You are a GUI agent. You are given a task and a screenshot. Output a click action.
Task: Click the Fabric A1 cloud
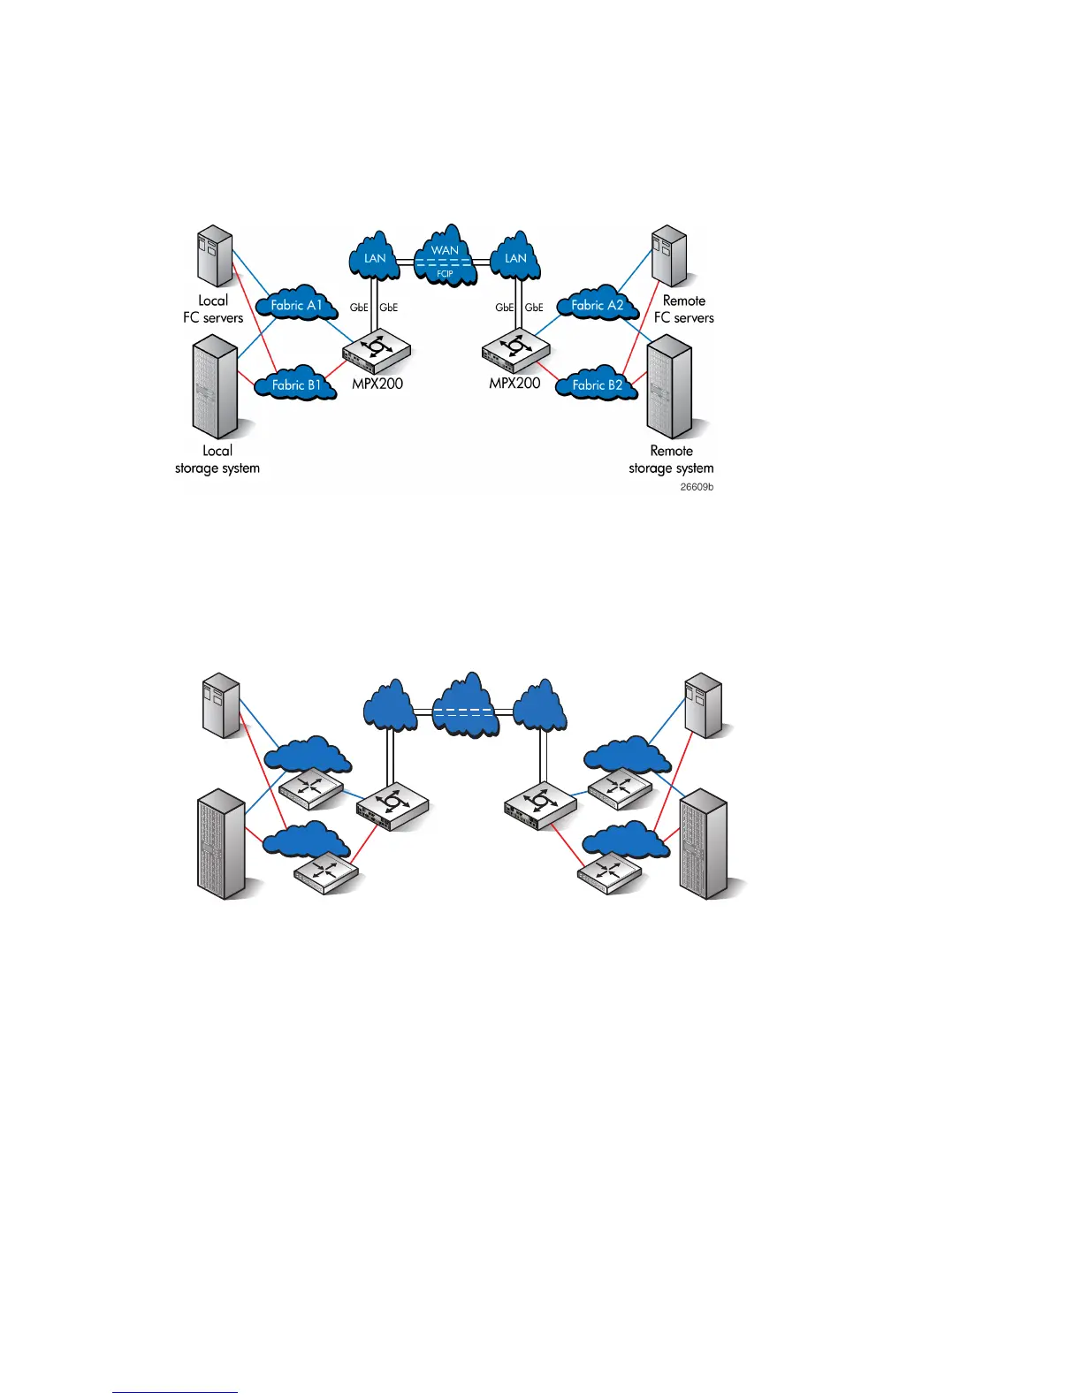[296, 305]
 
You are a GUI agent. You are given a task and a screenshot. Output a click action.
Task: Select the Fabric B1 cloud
[296, 384]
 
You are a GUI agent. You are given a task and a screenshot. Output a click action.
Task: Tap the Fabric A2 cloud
[597, 305]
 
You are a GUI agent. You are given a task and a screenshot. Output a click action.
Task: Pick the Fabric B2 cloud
[597, 384]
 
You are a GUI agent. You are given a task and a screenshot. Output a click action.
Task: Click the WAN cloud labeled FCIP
[446, 256]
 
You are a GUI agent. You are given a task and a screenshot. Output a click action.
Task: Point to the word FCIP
[445, 274]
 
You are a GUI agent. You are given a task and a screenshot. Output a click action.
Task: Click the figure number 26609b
[697, 487]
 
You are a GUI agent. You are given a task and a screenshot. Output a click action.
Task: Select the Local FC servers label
[213, 309]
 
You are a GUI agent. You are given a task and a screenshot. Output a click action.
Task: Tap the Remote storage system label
[671, 460]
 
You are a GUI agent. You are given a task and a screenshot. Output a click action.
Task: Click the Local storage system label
[217, 460]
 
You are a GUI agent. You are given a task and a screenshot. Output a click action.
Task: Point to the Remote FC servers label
[683, 309]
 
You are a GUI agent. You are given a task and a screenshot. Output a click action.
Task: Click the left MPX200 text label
[377, 384]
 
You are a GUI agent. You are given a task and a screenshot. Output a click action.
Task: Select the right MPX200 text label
[514, 384]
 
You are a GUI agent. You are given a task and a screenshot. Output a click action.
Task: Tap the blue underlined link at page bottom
[175, 1392]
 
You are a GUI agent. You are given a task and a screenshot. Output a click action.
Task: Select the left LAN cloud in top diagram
[375, 257]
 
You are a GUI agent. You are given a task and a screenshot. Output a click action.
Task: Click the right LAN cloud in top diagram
[515, 257]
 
